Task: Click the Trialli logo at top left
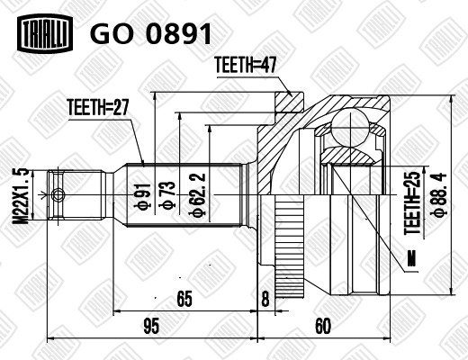(x=45, y=33)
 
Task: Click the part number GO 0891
(x=151, y=33)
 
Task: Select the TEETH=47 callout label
(x=246, y=65)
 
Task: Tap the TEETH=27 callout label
(x=98, y=107)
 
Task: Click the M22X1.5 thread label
(x=21, y=195)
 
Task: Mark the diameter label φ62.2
(x=197, y=194)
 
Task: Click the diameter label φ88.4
(x=438, y=194)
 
